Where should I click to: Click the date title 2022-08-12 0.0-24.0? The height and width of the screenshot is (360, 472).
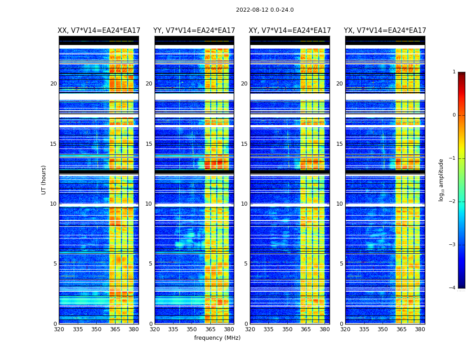(265, 10)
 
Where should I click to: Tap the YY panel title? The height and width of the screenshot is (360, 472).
(194, 31)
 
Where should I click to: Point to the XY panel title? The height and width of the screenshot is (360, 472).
(290, 31)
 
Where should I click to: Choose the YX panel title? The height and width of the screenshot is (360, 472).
(385, 31)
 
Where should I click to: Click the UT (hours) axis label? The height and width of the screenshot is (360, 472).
(44, 180)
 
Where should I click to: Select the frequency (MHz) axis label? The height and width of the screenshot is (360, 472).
(217, 338)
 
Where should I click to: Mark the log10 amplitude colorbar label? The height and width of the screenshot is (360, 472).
(441, 180)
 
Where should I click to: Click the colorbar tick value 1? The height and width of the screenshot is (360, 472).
(454, 72)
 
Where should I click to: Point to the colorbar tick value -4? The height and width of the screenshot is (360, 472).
(453, 288)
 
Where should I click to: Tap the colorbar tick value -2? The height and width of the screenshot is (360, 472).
(453, 202)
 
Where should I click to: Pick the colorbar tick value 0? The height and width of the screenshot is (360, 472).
(454, 115)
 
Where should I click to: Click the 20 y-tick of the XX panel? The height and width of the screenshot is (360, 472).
(53, 84)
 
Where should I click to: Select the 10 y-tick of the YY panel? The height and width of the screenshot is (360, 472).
(149, 204)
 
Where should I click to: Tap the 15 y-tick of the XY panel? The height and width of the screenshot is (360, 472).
(244, 144)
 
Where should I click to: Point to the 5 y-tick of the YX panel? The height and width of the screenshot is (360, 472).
(342, 264)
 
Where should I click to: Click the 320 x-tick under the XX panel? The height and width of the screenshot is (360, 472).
(59, 329)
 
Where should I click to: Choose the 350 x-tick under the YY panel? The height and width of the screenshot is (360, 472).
(192, 329)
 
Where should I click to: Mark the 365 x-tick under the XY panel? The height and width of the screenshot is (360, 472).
(306, 329)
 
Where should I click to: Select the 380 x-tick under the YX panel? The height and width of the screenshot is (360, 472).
(420, 329)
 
